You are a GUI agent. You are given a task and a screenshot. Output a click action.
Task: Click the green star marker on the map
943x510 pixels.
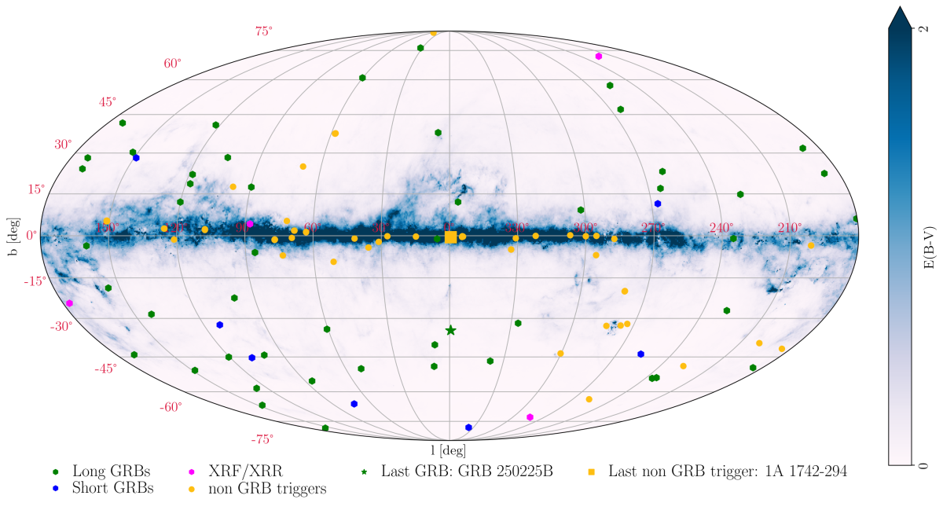450,330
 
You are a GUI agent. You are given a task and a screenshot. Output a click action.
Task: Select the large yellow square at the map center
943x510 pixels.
450,237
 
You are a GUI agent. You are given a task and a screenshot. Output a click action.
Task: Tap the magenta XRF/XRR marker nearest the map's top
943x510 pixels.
599,57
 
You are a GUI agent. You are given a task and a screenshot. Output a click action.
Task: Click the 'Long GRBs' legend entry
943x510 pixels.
110,471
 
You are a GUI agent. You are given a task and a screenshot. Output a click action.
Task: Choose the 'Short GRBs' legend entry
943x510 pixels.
112,488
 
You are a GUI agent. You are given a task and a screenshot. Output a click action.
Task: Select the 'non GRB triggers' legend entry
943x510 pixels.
267,488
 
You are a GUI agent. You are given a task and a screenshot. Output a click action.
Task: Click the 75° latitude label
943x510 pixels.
263,31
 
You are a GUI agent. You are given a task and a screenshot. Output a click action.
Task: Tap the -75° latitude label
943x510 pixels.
261,439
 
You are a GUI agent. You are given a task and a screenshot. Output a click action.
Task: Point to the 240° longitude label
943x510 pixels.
721,228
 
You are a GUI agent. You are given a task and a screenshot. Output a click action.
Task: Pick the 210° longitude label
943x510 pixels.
790,228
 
